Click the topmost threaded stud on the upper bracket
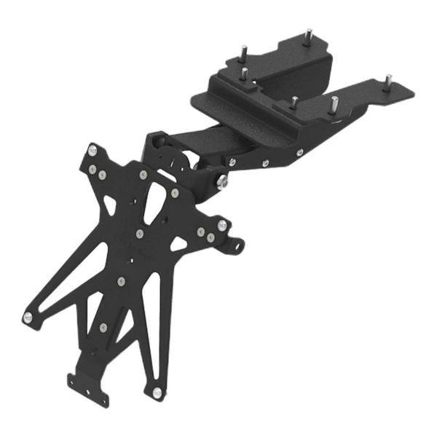(x=308, y=34)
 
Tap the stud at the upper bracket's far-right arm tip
(x=387, y=79)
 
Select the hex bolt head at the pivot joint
(x=221, y=180)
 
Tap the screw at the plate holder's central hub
(x=139, y=234)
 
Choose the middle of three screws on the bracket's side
(x=264, y=161)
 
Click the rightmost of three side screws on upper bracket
(x=299, y=152)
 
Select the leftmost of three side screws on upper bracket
(x=231, y=162)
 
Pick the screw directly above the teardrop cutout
(x=143, y=175)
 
